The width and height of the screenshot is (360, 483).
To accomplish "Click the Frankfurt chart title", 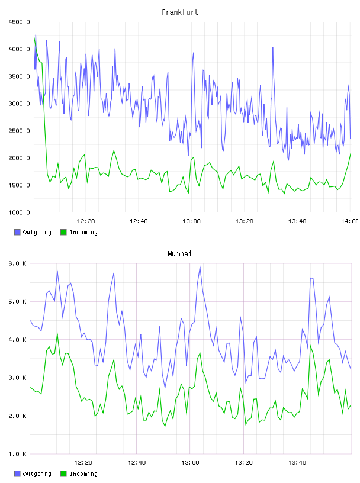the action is [x=180, y=12].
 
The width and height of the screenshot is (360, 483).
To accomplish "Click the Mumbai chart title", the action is [x=179, y=254].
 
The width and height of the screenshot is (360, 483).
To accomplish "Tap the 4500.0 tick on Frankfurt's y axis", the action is [x=20, y=22].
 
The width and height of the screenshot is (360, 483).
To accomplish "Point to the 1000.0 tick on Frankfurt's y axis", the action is [x=20, y=212].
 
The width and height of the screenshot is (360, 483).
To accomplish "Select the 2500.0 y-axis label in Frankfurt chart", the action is [x=20, y=131].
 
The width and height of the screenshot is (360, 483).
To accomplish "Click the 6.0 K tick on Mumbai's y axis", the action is [x=18, y=263].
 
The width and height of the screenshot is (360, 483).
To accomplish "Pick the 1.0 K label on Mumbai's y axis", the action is [x=18, y=454].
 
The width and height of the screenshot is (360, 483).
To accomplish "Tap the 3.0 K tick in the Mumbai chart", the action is [x=18, y=378].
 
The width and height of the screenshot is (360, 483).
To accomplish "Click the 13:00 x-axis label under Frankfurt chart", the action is [x=191, y=221].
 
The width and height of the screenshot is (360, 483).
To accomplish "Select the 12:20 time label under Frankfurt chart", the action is [x=86, y=221].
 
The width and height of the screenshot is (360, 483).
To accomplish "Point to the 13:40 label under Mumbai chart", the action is [x=297, y=463].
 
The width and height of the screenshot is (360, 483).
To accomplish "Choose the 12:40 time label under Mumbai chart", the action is [x=137, y=463].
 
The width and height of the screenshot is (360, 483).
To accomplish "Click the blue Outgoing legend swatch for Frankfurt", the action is [x=17, y=232].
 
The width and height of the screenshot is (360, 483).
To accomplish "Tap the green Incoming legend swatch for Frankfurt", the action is [x=63, y=232].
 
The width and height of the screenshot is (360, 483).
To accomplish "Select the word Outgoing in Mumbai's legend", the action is [x=37, y=474].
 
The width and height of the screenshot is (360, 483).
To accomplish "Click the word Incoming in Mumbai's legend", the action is [x=83, y=474].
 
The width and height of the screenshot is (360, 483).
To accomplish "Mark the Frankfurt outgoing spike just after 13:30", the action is [x=273, y=47].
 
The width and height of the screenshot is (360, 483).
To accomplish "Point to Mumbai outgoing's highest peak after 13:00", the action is [x=200, y=266].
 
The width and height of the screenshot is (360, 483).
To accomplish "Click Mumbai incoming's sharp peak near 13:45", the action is [x=310, y=345].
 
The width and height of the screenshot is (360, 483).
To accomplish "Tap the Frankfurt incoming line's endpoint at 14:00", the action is [x=351, y=153].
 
